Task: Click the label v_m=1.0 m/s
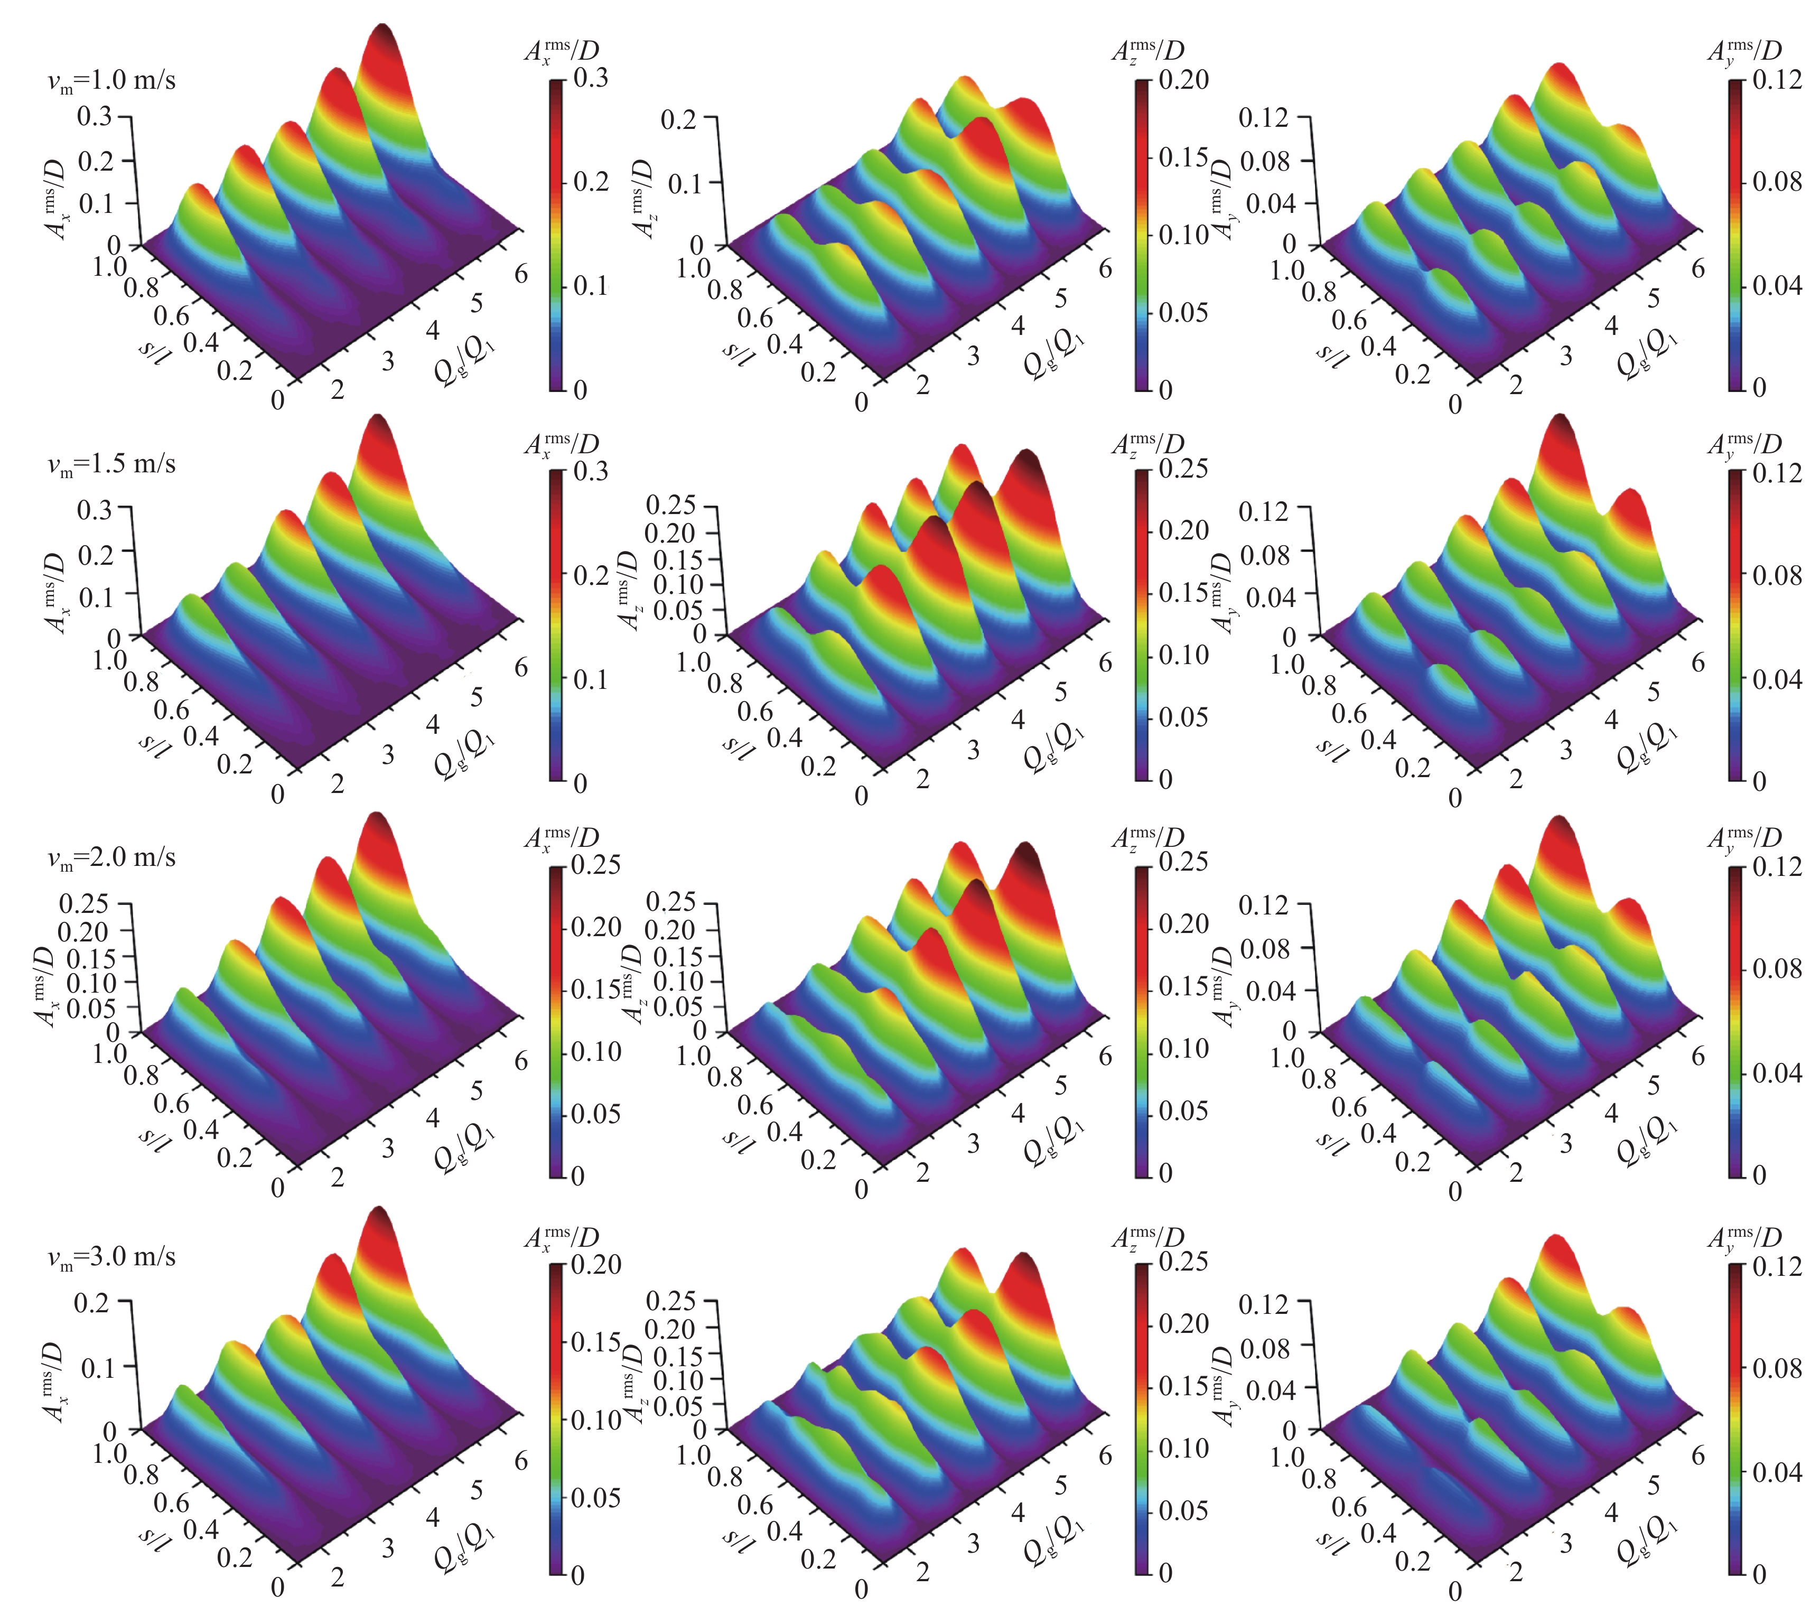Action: [x=111, y=81]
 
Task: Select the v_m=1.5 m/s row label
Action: [x=111, y=465]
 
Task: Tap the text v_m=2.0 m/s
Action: [x=111, y=858]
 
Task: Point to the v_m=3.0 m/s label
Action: [x=111, y=1257]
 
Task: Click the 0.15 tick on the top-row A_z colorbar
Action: [x=1182, y=157]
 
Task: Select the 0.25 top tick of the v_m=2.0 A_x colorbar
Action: [x=595, y=864]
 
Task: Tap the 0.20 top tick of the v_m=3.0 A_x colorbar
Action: [x=595, y=1264]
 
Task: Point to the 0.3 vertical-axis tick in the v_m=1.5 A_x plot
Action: [x=95, y=510]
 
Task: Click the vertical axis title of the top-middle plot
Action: [x=643, y=198]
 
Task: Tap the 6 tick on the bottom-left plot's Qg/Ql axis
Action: [x=521, y=1459]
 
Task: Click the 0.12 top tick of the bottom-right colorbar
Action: [x=1776, y=1266]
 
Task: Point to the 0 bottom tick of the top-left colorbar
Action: [x=580, y=389]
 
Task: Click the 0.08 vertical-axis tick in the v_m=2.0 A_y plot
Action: [x=1264, y=948]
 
